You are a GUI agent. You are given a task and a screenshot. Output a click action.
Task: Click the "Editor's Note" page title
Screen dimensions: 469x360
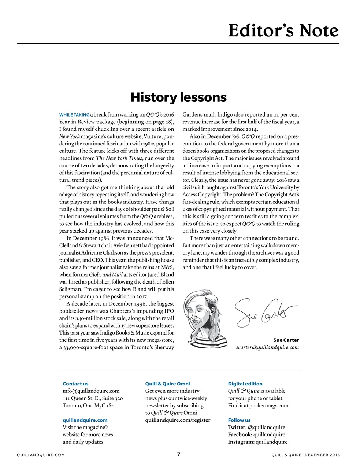(283, 30)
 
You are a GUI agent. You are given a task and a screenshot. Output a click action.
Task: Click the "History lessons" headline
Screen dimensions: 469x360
(179, 97)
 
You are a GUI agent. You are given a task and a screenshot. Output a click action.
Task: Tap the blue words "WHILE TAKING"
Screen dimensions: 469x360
(74, 115)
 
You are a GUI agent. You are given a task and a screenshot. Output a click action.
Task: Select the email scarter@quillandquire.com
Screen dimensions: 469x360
(267, 347)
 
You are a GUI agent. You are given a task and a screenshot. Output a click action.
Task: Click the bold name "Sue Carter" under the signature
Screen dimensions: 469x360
(286, 340)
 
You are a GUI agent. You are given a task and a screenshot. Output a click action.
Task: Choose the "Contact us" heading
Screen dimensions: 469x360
(75, 384)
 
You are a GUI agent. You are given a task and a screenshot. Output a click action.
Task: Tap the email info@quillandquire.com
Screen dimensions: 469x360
(91, 391)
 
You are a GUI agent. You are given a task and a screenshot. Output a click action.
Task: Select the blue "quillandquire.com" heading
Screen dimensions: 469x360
(85, 420)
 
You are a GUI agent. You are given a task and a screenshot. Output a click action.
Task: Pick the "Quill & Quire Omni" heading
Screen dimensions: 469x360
(167, 384)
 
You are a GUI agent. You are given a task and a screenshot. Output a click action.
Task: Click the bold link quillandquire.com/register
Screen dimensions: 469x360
(178, 420)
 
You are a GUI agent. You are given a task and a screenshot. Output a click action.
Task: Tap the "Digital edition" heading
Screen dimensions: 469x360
(245, 384)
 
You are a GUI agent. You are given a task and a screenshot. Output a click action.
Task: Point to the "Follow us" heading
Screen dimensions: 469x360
(239, 420)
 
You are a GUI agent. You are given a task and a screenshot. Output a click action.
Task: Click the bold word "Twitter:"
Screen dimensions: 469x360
(237, 427)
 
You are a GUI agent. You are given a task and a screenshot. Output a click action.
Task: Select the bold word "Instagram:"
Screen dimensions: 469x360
(241, 442)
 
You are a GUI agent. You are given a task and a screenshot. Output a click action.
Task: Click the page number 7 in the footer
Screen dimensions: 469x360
(179, 454)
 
